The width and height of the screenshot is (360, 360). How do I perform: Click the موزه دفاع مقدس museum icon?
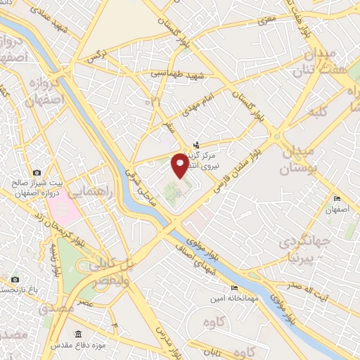click(x=78, y=334)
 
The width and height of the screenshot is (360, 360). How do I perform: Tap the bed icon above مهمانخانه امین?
click(x=234, y=288)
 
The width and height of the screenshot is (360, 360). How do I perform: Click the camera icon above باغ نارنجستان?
click(x=15, y=279)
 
